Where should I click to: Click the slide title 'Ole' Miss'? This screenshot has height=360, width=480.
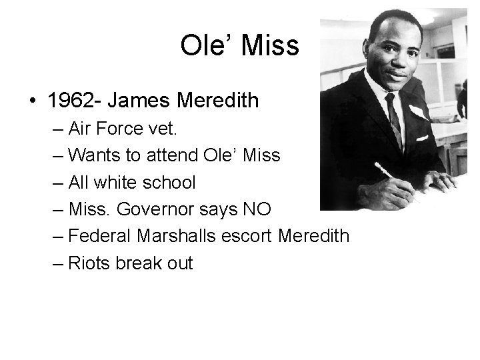[240, 45]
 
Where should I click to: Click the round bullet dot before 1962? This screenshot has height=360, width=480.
[32, 101]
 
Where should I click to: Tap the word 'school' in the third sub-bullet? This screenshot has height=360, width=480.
[174, 182]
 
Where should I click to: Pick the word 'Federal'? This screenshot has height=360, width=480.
[101, 236]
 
